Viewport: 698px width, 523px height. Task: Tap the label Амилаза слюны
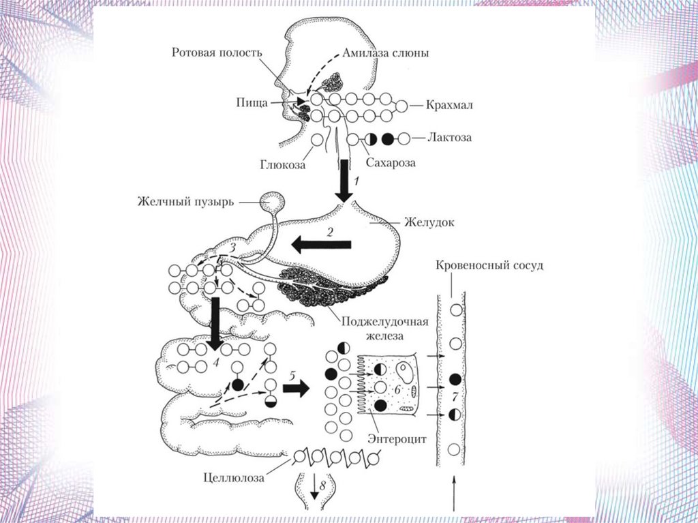tap(385, 53)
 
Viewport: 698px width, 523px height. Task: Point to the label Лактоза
tap(450, 138)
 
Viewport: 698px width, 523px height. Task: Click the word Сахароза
tap(390, 164)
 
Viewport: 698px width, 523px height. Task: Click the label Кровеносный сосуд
tap(489, 265)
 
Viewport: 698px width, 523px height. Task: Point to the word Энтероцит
tap(397, 440)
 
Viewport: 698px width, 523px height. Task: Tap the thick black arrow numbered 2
tap(322, 244)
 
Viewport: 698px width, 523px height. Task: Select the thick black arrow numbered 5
tap(295, 389)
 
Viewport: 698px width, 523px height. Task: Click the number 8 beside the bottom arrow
tap(323, 486)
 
